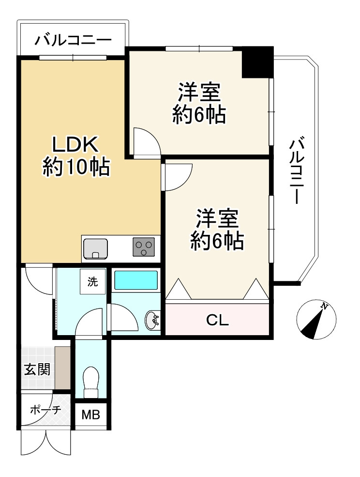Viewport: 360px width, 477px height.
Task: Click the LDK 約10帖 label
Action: point(75,155)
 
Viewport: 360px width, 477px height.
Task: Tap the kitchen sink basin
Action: point(95,249)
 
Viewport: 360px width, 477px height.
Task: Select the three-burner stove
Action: point(144,246)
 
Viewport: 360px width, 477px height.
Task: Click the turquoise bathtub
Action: point(135,280)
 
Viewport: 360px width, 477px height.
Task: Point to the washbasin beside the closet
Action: point(152,320)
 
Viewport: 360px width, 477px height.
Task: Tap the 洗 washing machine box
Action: point(93,281)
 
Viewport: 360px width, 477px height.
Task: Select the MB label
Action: point(91,415)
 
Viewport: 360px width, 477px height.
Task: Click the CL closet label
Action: point(217,320)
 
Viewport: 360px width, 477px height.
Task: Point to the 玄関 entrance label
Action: point(37,369)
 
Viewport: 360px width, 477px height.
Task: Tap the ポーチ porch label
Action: point(45,410)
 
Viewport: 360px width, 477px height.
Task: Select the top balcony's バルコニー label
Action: point(73,41)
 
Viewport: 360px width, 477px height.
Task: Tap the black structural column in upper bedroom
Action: point(257,62)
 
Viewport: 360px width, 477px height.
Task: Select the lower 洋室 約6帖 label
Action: point(217,230)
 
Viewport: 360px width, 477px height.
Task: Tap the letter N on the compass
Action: point(325,306)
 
